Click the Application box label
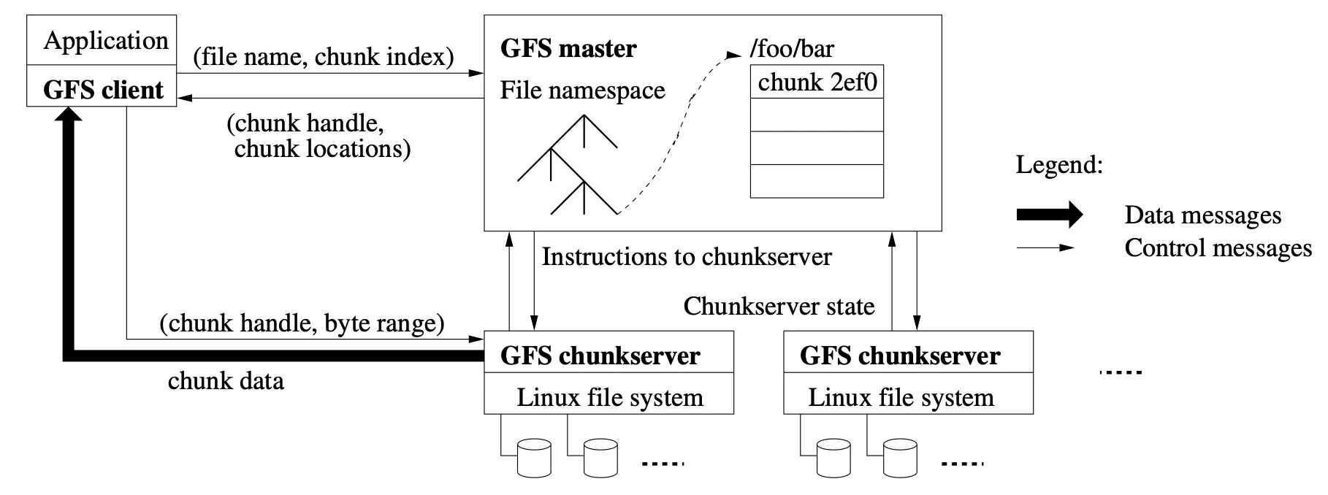pos(106,41)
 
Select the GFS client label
pos(103,90)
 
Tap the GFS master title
pos(568,48)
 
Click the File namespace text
pos(582,90)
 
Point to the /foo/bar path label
pos(792,49)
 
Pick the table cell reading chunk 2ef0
pos(817,82)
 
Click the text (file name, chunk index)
pos(324,56)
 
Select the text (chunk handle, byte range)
pos(302,323)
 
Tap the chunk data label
pos(226,380)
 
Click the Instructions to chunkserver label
pos(687,256)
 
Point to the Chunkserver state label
pos(779,306)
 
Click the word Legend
pos(1059,165)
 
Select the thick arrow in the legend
pos(1050,215)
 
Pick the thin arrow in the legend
pos(1045,247)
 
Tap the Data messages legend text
pos(1203,215)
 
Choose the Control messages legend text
pos(1218,248)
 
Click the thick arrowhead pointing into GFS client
pos(69,117)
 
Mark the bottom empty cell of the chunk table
pos(817,181)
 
